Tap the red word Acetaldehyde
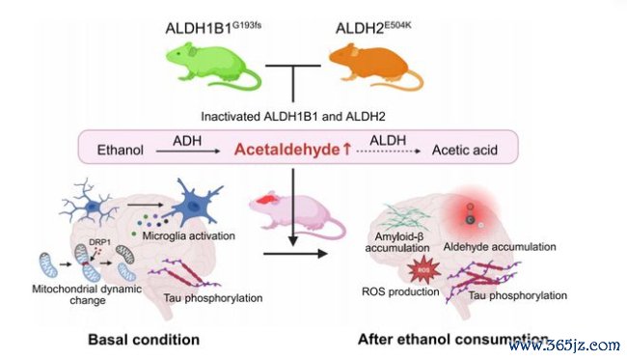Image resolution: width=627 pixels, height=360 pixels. click(x=287, y=150)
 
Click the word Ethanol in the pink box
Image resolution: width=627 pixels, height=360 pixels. click(x=121, y=150)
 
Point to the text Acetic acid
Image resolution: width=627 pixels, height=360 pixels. click(x=465, y=150)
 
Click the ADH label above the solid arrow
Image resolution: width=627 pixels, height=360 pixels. click(x=187, y=140)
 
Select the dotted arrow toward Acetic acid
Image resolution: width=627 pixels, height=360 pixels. click(x=389, y=152)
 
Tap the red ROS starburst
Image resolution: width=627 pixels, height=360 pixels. click(x=423, y=270)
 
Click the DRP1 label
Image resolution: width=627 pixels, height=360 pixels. click(x=100, y=242)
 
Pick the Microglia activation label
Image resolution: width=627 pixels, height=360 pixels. click(x=188, y=235)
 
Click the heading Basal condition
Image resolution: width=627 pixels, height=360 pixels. click(x=144, y=340)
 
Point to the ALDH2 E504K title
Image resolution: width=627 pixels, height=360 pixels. click(x=373, y=28)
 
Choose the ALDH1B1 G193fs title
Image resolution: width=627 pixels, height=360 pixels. click(x=213, y=28)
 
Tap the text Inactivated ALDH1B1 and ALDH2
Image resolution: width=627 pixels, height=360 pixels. click(x=293, y=117)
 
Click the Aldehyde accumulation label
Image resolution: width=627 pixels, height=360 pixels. click(x=500, y=246)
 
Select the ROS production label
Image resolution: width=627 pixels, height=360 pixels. click(x=400, y=291)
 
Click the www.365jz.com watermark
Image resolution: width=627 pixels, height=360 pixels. click(x=564, y=345)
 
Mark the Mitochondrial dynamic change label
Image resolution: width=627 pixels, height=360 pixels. click(x=87, y=294)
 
